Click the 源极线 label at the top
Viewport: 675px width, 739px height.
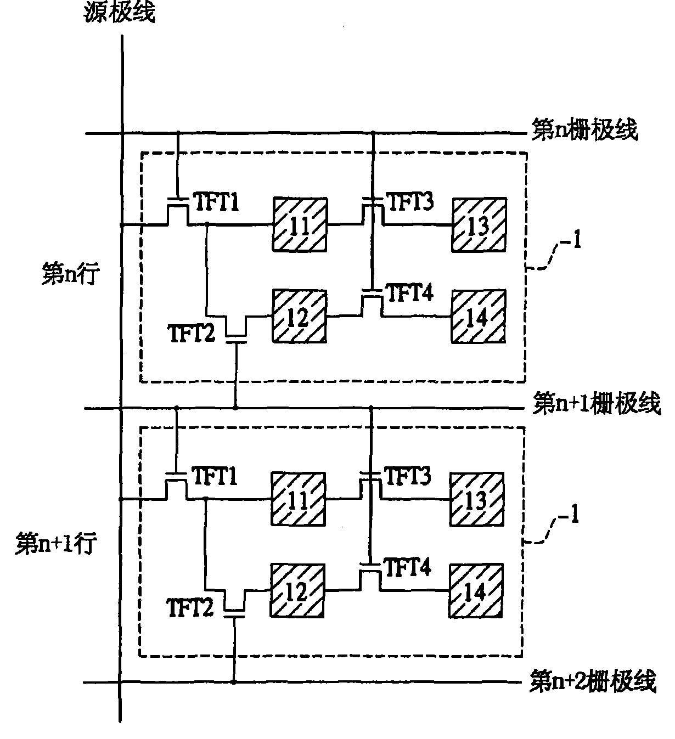120,12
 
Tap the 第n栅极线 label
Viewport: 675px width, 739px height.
584,129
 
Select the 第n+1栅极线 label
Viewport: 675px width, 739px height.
597,403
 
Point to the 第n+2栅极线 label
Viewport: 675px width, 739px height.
594,681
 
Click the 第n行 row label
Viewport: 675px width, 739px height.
71,273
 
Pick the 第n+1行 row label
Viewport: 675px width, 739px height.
56,543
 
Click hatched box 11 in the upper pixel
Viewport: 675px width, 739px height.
300,225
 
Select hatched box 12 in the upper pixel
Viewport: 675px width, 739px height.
300,317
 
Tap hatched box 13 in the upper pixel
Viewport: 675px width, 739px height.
479,225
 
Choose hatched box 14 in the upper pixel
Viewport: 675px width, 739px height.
479,317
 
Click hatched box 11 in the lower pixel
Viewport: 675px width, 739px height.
298,499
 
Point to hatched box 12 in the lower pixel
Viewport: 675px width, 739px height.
297,590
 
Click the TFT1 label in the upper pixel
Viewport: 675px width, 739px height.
217,202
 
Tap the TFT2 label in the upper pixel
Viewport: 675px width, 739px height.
191,334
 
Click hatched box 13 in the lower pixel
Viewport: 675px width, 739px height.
477,499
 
